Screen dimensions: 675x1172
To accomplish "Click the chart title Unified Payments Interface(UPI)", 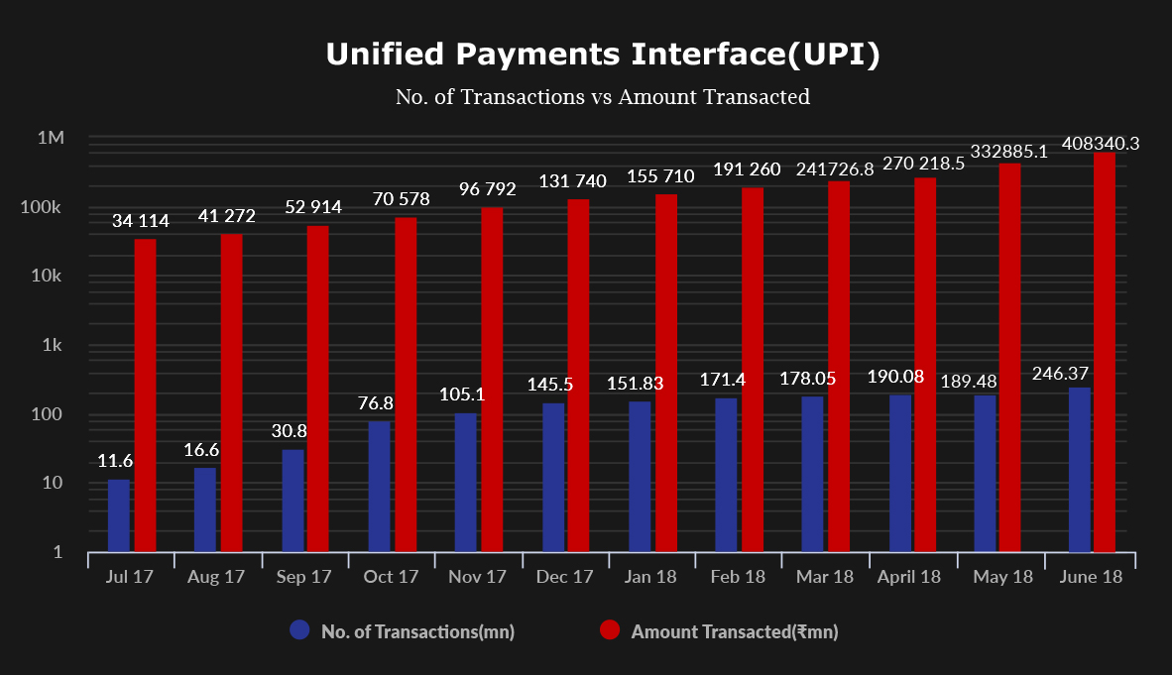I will tap(603, 56).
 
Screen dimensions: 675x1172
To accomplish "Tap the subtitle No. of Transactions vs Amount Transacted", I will tap(603, 97).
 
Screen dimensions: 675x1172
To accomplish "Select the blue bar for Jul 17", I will tap(119, 515).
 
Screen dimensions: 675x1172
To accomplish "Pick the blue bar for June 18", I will tap(1080, 470).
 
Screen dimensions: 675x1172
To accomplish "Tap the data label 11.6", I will tap(115, 461).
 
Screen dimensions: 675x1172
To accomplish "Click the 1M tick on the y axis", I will tap(51, 138).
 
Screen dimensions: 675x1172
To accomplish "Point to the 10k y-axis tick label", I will tap(48, 276).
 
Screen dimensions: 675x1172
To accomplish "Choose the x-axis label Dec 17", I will tap(564, 577).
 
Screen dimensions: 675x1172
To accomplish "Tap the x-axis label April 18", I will tap(909, 577).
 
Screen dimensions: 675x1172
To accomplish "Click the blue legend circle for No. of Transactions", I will tap(300, 630).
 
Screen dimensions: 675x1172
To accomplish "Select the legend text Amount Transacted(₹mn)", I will tap(735, 631).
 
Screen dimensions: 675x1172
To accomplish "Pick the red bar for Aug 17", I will tap(231, 393).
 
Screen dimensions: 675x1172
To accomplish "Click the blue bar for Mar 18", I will tap(812, 474).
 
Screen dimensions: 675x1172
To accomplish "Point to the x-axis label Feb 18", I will tap(738, 577).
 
